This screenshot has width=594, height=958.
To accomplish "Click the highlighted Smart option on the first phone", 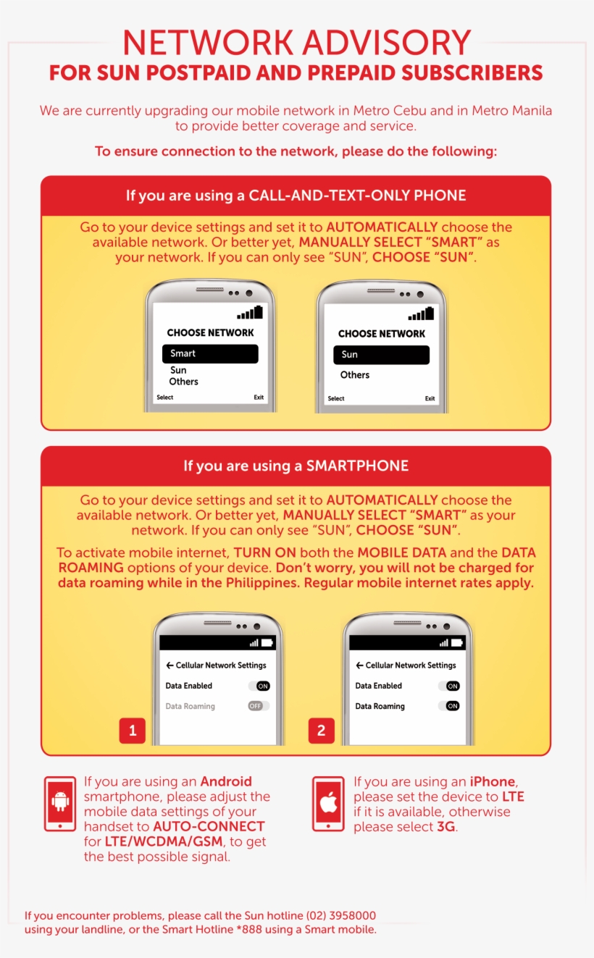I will point(210,353).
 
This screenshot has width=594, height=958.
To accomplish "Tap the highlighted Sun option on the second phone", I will point(381,355).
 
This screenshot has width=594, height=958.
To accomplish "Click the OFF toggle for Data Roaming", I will point(258,706).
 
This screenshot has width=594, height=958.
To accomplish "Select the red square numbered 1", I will point(133,731).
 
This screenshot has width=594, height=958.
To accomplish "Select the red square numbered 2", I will point(322,731).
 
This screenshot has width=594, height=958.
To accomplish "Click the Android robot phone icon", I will point(60,804).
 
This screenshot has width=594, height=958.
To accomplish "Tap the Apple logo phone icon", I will point(328,804).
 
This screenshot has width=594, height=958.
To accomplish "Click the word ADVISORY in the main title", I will point(381,43).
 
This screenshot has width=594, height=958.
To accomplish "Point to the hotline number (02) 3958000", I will point(341,916).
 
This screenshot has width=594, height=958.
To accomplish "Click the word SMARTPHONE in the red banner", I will point(357,466).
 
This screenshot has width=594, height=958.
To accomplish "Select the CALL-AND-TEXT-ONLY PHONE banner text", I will point(357,196).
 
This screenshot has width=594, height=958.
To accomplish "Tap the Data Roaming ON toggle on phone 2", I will point(452,706).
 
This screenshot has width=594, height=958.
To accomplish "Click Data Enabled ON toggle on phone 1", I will point(262,686).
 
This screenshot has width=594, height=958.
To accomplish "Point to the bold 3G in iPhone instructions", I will point(446,827).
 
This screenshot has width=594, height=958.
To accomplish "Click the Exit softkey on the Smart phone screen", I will point(259,398).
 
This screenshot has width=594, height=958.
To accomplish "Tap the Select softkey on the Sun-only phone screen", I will point(336,399).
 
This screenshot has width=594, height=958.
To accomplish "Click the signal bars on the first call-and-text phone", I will point(250,313).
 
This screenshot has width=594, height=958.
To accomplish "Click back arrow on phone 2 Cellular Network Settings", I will point(359,665).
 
